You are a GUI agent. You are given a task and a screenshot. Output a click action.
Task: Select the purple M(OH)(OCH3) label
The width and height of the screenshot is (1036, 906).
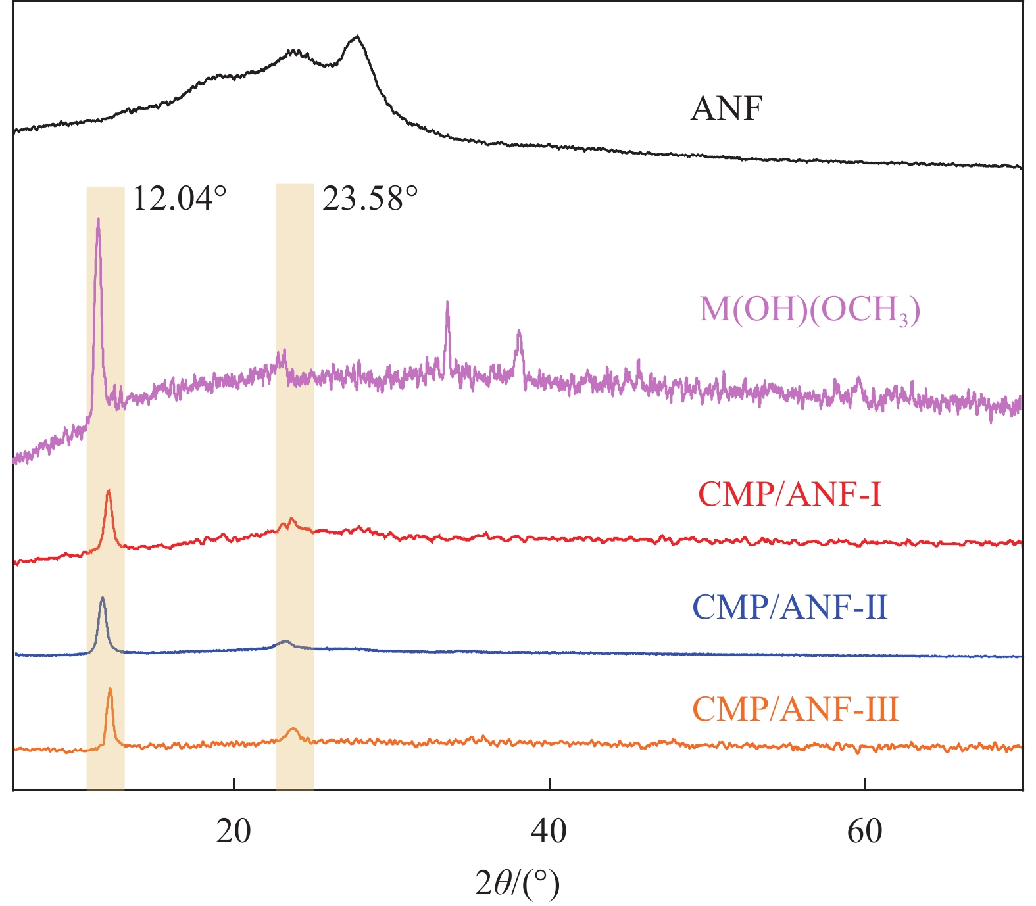(809, 309)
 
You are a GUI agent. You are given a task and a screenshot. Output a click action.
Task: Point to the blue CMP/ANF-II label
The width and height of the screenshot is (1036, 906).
(789, 607)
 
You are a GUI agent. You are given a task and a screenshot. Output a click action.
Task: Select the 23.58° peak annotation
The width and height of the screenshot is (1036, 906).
(370, 198)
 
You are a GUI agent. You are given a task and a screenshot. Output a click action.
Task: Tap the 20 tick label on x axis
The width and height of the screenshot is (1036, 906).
(234, 832)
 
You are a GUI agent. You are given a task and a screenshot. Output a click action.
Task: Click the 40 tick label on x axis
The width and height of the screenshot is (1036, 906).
(549, 832)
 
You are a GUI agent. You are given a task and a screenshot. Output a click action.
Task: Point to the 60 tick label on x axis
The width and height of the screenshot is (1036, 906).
(864, 832)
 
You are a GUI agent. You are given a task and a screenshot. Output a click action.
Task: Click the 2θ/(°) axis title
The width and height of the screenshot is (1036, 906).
(518, 884)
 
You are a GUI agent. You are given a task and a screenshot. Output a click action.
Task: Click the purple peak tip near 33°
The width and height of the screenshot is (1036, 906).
(447, 302)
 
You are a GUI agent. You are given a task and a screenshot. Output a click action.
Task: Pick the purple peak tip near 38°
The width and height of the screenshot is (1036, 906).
(519, 331)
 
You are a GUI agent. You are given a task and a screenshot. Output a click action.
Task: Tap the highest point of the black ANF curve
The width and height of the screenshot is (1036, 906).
(357, 36)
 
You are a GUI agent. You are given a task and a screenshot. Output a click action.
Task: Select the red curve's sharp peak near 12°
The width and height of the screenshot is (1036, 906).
(109, 490)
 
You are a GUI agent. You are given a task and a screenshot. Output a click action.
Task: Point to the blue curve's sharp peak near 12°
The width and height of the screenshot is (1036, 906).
(102, 598)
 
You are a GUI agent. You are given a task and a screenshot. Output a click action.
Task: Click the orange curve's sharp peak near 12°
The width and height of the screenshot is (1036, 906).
(110, 688)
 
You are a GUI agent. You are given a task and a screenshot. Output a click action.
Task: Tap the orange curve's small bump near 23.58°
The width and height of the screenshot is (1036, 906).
(293, 728)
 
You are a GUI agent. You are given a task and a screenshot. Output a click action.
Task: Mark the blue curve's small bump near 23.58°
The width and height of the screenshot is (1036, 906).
(285, 640)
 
